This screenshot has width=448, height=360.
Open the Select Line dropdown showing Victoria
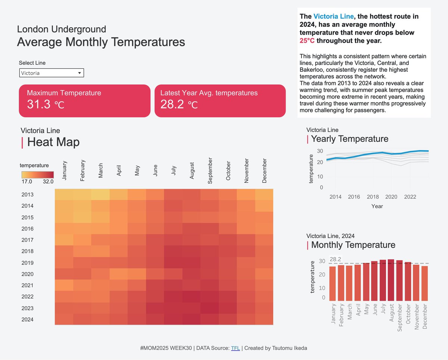(52, 73)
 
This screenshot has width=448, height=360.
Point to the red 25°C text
(307, 41)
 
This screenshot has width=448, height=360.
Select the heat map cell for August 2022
(192, 297)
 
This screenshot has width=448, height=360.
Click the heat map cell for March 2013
(100, 195)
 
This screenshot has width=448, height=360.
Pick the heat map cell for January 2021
(64, 285)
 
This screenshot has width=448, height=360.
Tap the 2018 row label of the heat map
(28, 251)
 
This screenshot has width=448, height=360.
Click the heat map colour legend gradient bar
(38, 175)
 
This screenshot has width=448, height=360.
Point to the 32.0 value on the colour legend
(48, 182)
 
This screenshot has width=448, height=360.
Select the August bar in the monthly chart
(391, 280)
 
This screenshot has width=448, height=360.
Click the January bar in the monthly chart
(332, 283)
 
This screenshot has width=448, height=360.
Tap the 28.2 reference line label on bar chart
(335, 259)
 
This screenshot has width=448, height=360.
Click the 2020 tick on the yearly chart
(391, 197)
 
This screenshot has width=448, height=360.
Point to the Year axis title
(377, 206)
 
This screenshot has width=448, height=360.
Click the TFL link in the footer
(235, 348)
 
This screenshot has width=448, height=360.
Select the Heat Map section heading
(53, 142)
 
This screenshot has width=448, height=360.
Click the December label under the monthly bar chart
(424, 317)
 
